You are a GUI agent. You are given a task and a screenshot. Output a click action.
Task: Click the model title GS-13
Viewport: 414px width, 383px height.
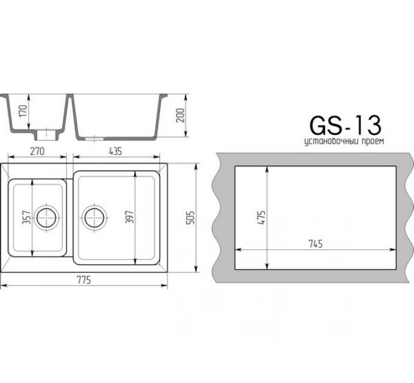point(345,125)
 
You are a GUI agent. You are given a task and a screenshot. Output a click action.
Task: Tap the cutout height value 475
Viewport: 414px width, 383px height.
point(261,217)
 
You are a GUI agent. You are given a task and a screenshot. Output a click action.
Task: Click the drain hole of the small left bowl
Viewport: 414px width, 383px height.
point(46,217)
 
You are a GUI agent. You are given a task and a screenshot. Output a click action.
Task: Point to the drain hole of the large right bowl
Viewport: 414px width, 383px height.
point(95,217)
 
